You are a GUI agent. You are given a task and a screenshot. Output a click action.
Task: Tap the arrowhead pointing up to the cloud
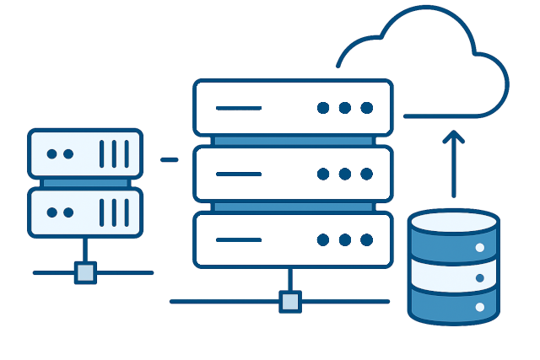[454, 136]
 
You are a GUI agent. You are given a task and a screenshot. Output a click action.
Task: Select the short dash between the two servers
[170, 159]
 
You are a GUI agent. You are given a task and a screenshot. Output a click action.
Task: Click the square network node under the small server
[85, 272]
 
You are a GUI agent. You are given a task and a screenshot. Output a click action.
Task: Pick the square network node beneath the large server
[290, 301]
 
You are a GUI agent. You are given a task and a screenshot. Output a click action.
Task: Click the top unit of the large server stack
[293, 107]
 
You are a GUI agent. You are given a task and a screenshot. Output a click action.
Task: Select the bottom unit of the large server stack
[293, 239]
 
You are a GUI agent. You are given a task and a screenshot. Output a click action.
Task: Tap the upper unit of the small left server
[85, 153]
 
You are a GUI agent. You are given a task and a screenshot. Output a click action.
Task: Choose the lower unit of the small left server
[85, 212]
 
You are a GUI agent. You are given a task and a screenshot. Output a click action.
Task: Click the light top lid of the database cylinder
[453, 222]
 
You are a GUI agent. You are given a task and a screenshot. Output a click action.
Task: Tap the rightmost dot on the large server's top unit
[367, 108]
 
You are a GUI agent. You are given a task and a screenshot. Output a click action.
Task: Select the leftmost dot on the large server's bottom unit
[323, 239]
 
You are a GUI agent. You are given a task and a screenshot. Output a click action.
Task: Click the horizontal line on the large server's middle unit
[239, 174]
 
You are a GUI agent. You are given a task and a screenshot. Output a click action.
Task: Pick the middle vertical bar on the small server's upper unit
[115, 153]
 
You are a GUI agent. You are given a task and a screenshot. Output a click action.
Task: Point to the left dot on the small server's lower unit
[52, 212]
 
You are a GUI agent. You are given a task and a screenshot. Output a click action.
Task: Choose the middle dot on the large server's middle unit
[345, 174]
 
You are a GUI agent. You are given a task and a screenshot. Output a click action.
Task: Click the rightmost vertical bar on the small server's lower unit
[127, 212]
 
